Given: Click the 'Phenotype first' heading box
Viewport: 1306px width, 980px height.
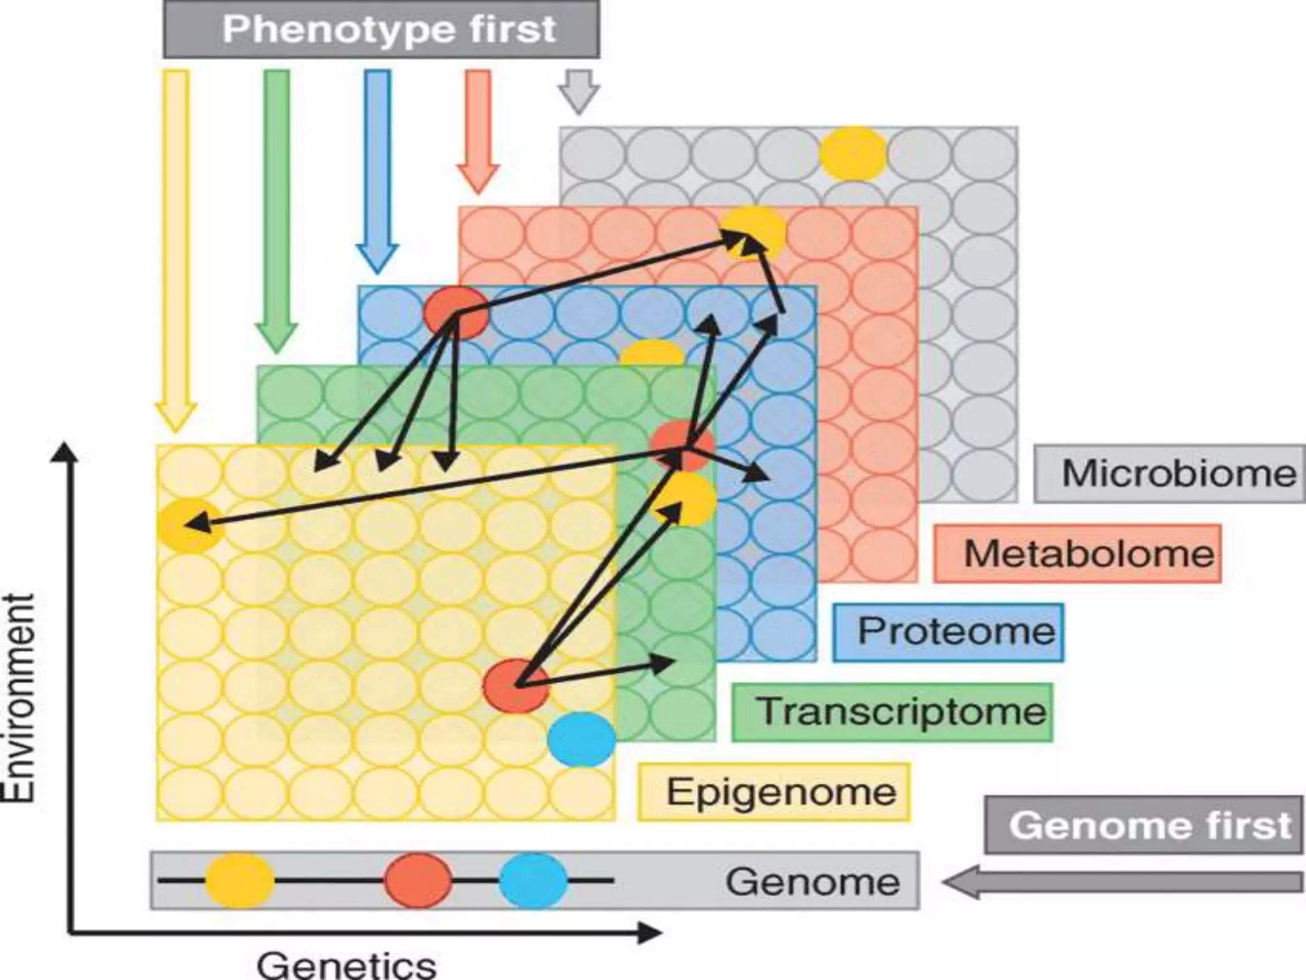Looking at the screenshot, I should point(381,29).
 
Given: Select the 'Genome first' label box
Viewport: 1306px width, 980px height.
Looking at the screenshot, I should point(1143,825).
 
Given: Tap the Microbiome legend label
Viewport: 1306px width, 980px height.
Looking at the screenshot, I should point(1169,473).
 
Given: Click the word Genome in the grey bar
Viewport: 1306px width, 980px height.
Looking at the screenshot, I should point(812,882).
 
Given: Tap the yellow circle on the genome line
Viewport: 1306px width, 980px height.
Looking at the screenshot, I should point(240,880).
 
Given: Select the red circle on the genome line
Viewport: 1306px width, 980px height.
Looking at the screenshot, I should point(418,880).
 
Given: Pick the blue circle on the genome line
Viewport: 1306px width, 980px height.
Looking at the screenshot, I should point(533,880).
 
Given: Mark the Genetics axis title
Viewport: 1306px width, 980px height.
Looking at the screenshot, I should point(346,964).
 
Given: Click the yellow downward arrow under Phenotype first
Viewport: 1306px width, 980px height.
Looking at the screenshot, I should point(176,249).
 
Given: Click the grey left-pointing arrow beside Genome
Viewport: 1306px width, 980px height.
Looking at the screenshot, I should point(1122,882).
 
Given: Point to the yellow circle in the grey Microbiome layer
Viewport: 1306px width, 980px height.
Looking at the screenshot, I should point(853,153).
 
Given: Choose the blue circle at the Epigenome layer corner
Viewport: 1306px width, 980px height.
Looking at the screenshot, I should point(582,739).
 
